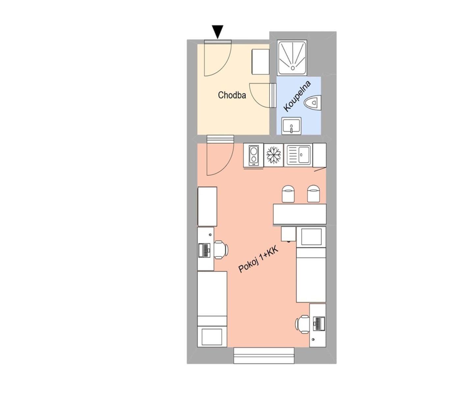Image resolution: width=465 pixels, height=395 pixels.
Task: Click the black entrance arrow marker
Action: point(218,32)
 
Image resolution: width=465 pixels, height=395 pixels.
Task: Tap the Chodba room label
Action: point(232,95)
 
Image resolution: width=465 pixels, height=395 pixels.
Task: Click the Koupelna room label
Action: point(297,96)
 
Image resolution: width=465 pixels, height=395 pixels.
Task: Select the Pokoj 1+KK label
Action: point(259,260)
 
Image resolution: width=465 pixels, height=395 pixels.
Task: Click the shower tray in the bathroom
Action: point(292,58)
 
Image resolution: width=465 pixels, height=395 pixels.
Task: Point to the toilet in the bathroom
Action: point(313,103)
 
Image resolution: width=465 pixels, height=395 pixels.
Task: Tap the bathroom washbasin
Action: point(291,126)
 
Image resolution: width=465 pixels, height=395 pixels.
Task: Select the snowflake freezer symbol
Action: point(273,155)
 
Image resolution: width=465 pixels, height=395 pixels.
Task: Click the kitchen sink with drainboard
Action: point(298,155)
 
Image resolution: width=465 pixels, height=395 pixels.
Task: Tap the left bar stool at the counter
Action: point(288,194)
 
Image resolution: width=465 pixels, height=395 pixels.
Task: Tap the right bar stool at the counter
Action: point(314,194)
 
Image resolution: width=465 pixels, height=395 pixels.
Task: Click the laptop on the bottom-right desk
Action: point(319,324)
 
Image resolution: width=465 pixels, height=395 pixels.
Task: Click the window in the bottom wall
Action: point(264,356)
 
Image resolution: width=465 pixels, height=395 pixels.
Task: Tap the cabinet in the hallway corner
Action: point(260,62)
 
